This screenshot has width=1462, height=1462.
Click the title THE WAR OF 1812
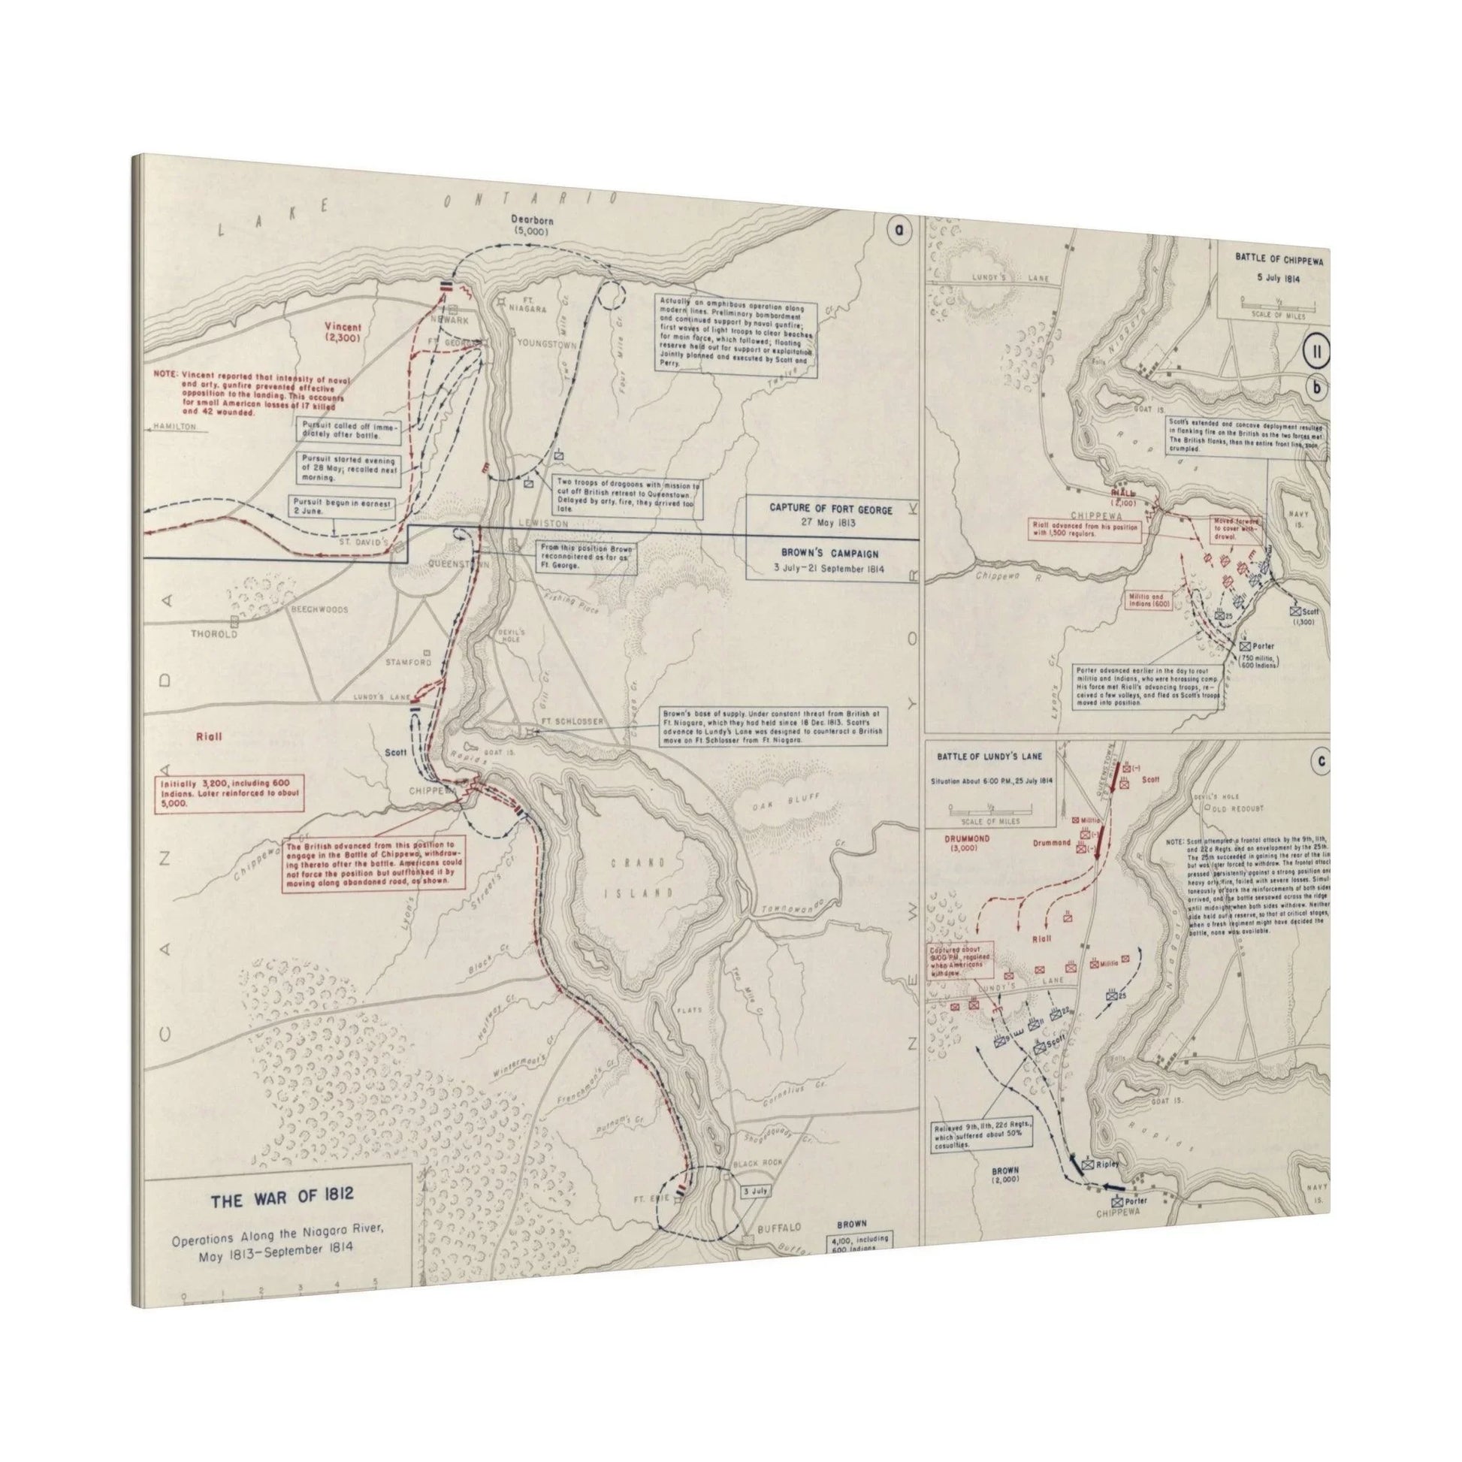pyautogui.click(x=282, y=1199)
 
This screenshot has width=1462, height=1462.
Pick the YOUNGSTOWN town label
pyautogui.click(x=546, y=343)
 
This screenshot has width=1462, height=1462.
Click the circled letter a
pyautogui.click(x=899, y=231)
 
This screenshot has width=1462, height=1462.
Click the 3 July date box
pyautogui.click(x=756, y=1190)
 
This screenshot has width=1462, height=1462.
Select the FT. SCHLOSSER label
pyautogui.click(x=572, y=722)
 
